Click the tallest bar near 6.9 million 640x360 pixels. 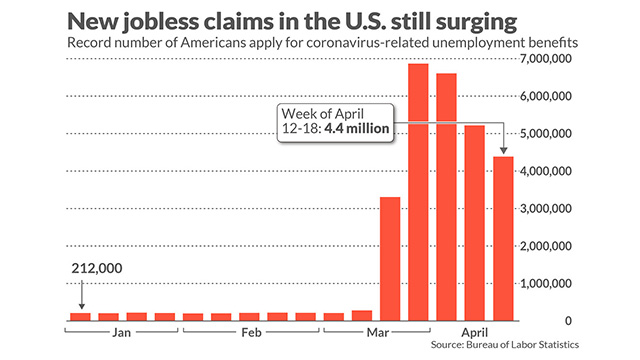418,192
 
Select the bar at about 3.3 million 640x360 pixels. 390,259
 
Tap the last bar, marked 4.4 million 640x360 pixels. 503,239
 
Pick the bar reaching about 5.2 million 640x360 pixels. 475,223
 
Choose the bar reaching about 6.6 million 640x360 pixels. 447,197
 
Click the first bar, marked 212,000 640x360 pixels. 80,317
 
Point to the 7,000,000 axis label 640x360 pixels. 546,59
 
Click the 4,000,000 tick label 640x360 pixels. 546,171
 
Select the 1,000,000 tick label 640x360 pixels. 546,283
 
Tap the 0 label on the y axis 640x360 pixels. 568,321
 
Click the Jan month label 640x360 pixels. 121,333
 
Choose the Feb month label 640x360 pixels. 251,333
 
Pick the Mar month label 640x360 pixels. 378,333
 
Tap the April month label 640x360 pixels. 475,332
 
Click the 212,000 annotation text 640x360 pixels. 97,268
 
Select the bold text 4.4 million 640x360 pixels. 357,129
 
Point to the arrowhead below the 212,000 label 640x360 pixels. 82,306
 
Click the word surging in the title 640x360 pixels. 476,22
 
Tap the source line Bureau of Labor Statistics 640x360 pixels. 522,344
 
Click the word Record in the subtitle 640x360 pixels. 84,42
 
